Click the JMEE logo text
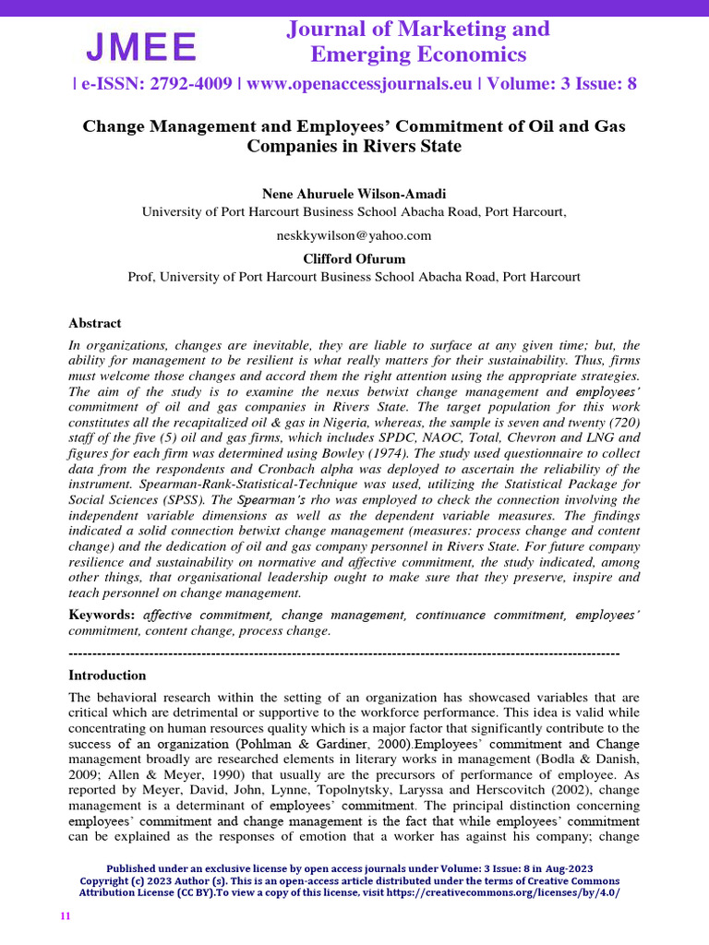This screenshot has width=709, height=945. pos(141,46)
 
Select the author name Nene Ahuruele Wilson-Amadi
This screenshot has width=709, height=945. pos(354,194)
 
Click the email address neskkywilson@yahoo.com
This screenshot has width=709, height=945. pos(354,235)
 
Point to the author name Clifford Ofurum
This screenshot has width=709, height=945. pos(354,257)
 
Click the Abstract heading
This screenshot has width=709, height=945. pos(95,323)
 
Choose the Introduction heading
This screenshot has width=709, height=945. pos(107,675)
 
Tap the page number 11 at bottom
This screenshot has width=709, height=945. pos(65,916)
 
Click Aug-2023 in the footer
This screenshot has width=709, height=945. pos(564,869)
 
